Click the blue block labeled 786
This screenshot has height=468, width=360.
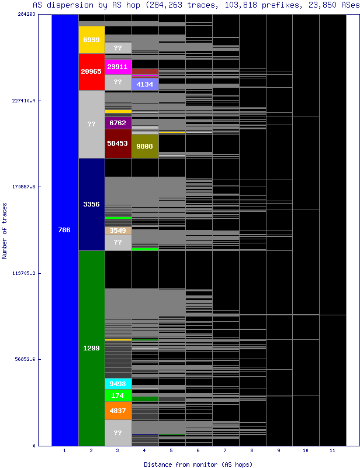click(x=65, y=230)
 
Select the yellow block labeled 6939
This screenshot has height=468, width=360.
click(x=91, y=40)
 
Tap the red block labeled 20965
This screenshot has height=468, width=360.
click(x=91, y=71)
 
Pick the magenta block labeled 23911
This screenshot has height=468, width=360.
click(x=118, y=67)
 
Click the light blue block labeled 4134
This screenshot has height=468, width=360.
click(x=145, y=84)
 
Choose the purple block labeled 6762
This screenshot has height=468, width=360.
click(x=118, y=123)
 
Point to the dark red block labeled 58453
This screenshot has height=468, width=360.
click(x=118, y=143)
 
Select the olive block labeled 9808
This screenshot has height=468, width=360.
click(x=145, y=146)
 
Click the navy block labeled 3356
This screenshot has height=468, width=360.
click(x=91, y=204)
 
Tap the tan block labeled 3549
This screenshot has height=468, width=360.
click(x=118, y=230)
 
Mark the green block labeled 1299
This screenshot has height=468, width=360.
click(x=91, y=348)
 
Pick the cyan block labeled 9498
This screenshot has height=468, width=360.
click(x=118, y=384)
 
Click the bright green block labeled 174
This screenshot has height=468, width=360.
click(x=118, y=395)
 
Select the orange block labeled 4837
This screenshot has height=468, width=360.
click(x=118, y=411)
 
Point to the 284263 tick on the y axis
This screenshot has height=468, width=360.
click(x=27, y=14)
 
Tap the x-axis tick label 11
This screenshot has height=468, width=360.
click(x=332, y=451)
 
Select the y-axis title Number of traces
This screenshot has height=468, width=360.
click(x=5, y=230)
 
